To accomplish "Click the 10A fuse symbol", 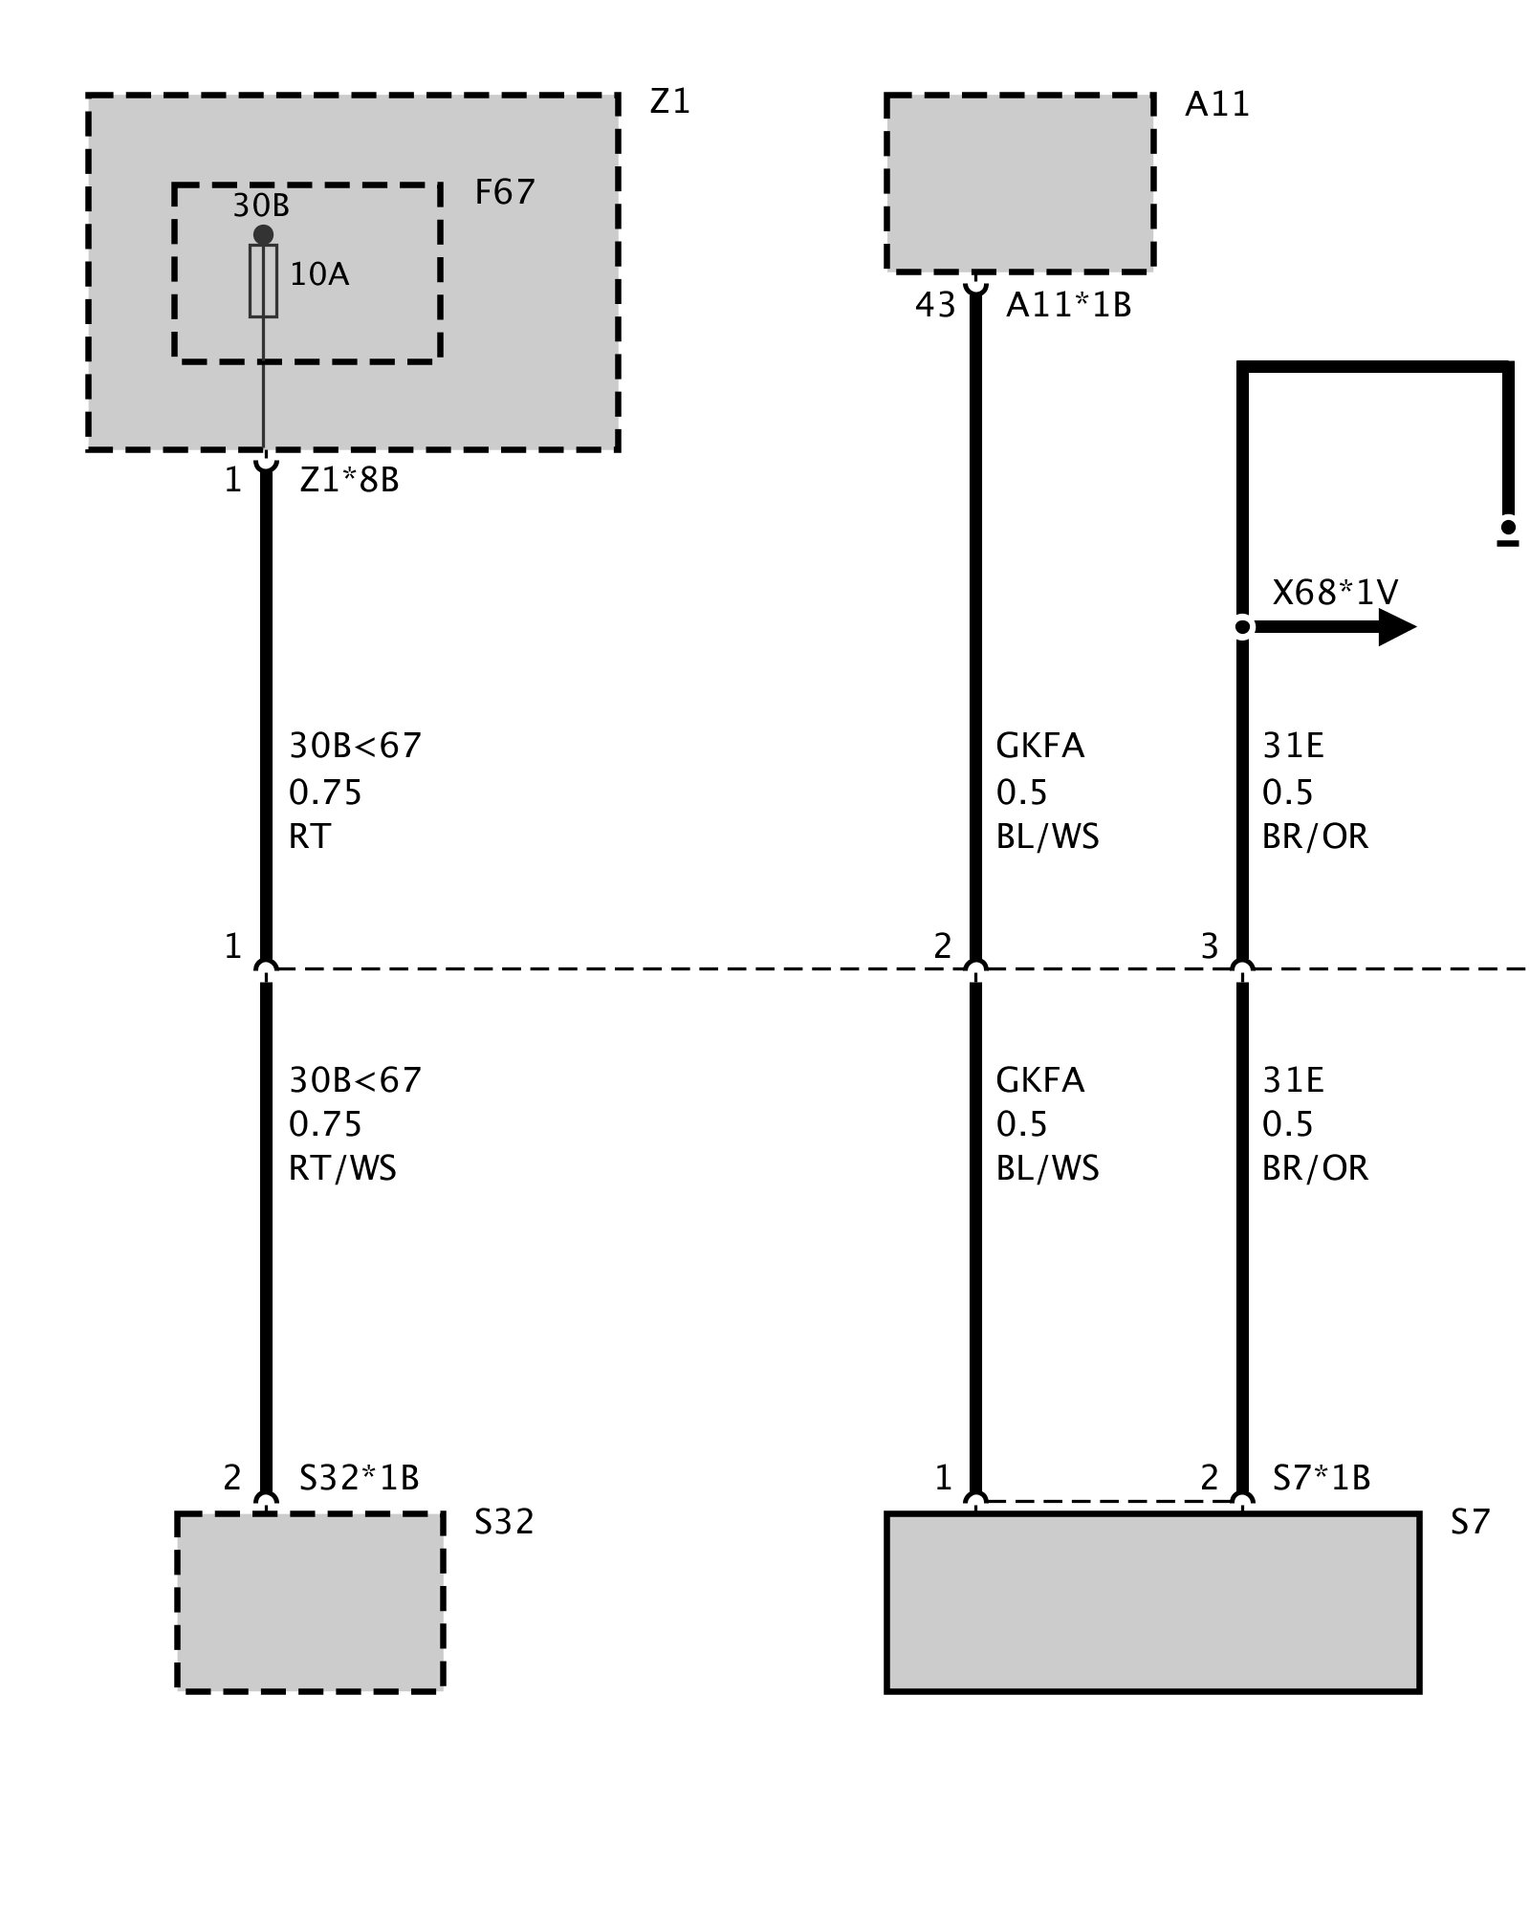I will [x=263, y=280].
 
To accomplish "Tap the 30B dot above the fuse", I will [x=263, y=235].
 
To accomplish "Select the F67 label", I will [x=504, y=193].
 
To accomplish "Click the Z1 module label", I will [x=669, y=101].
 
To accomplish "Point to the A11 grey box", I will [x=1019, y=183].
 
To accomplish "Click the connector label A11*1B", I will [x=1068, y=305].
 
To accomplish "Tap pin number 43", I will [x=934, y=305].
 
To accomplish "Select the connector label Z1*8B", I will [x=349, y=480].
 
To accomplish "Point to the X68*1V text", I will [x=1335, y=593].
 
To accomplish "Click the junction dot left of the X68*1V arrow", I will [x=1242, y=627].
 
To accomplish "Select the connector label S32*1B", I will [x=359, y=1478].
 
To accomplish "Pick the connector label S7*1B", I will [x=1322, y=1478].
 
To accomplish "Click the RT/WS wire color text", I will [x=342, y=1168].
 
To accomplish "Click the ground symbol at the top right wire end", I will [x=1508, y=532].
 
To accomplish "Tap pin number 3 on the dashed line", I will [x=1210, y=946].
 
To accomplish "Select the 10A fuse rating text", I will [x=319, y=275].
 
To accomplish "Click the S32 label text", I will [x=504, y=1522].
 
